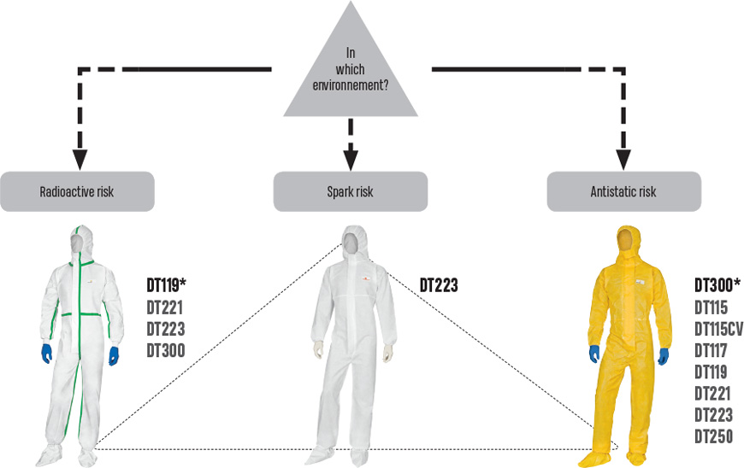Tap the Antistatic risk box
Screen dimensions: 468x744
click(623, 192)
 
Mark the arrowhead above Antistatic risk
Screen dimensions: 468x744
click(623, 158)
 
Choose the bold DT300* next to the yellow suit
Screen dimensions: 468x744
click(717, 285)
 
